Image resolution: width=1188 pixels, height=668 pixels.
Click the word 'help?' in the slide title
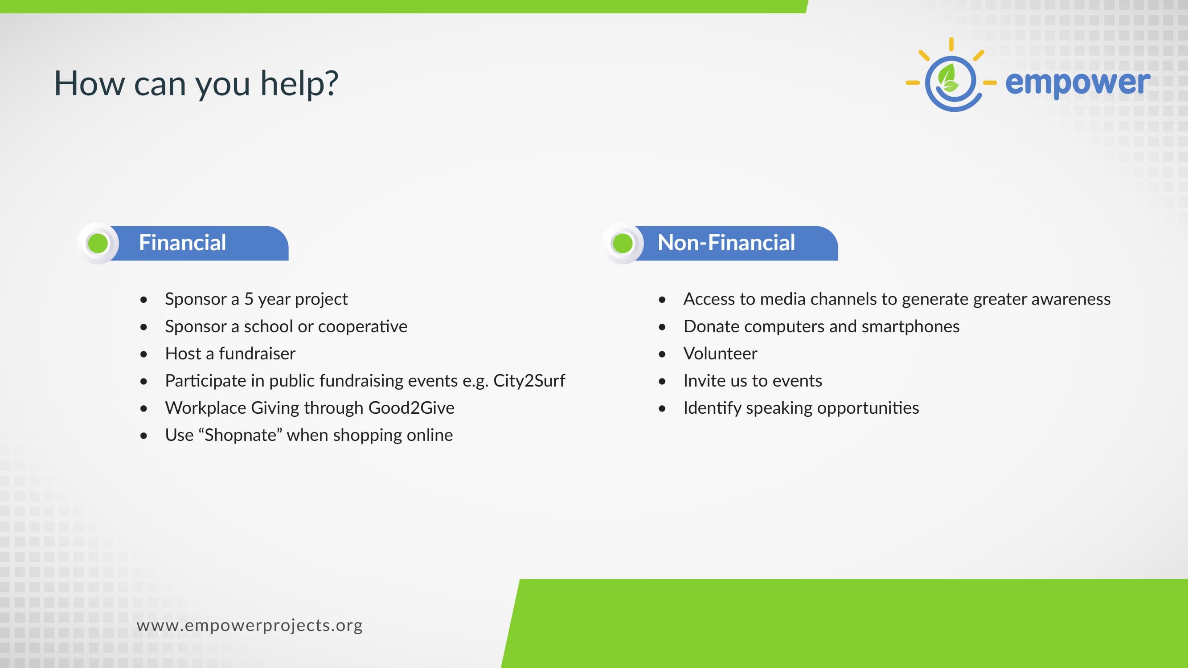[x=299, y=83]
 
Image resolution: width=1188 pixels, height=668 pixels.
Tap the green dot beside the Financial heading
[x=98, y=243]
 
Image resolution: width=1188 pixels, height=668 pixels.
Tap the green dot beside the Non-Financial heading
[x=623, y=243]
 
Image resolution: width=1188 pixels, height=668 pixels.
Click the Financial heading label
[x=183, y=243]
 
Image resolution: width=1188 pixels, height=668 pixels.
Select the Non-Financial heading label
[x=726, y=243]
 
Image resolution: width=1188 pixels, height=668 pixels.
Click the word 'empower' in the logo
[x=1078, y=83]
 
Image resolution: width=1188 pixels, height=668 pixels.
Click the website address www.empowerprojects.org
[x=250, y=625]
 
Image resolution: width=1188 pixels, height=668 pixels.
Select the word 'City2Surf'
[x=529, y=380]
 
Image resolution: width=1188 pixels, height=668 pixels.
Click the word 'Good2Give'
[x=411, y=407]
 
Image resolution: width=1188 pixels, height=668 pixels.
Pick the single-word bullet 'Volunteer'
[x=721, y=353]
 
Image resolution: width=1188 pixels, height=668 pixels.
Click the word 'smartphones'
[x=910, y=326]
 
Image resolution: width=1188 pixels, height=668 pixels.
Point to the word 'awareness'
[x=1071, y=299]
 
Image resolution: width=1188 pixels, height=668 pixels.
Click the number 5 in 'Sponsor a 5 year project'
[x=249, y=299]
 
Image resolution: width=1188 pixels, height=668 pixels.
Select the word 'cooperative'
[x=362, y=326]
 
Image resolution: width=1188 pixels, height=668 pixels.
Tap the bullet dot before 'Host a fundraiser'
[x=144, y=354]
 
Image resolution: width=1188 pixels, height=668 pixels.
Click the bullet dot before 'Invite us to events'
[x=662, y=381]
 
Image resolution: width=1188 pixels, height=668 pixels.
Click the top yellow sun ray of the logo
[x=951, y=44]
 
